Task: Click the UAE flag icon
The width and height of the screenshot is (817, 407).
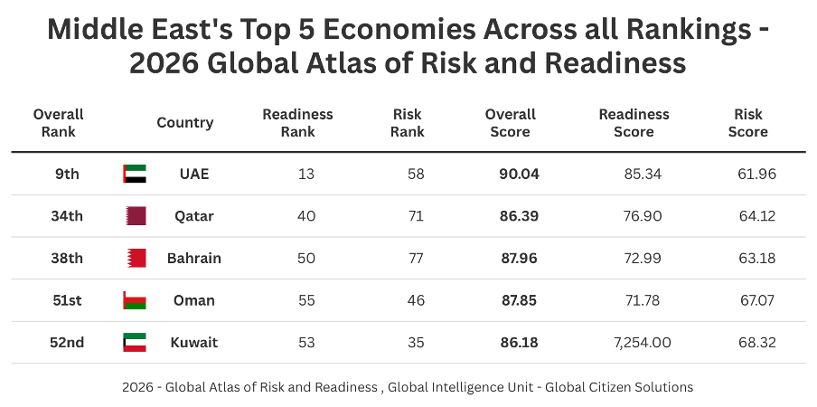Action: (135, 174)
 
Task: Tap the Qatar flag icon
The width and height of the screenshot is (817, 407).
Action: (135, 216)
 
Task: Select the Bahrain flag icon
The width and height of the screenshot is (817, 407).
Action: (135, 258)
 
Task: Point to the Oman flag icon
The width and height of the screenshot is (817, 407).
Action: (135, 300)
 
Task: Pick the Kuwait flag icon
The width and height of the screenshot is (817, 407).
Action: (135, 343)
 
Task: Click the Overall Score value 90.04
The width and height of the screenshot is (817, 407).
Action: (519, 174)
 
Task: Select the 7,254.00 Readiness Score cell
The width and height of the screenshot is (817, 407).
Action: (634, 343)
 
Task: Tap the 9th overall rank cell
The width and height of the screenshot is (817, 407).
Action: (67, 174)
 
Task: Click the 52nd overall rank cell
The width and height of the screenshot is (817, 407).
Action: (67, 343)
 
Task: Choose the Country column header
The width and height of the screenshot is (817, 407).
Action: (184, 123)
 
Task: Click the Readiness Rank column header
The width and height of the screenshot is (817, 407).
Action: (297, 123)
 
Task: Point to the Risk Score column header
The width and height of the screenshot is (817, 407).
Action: (747, 123)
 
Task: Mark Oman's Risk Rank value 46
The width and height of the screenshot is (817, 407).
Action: (416, 300)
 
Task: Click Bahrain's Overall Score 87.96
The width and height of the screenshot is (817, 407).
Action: (519, 258)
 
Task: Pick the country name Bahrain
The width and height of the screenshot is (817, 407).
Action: (193, 258)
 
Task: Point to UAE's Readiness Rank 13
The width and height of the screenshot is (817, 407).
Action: (306, 174)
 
